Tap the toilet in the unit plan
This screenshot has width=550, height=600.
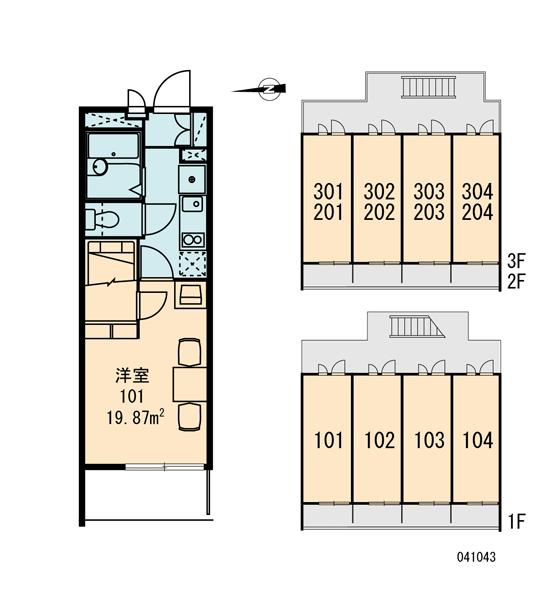(x=102, y=219)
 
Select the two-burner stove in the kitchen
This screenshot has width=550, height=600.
(x=193, y=240)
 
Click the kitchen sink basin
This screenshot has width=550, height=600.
(x=192, y=204)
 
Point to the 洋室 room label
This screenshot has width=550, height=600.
(x=132, y=375)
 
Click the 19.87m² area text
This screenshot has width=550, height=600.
(x=135, y=417)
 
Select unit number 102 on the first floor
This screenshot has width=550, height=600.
(x=379, y=440)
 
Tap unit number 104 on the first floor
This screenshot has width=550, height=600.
(x=478, y=440)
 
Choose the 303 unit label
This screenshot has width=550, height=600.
(x=429, y=191)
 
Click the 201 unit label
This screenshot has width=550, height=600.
(x=328, y=212)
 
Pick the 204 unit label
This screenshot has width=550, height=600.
(x=477, y=212)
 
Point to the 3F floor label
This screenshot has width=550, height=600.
(x=516, y=261)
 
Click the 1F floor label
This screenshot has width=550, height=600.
(x=517, y=521)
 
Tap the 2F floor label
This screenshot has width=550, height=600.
(x=516, y=281)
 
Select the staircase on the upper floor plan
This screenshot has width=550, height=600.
(x=428, y=87)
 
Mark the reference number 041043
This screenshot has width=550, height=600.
(x=476, y=557)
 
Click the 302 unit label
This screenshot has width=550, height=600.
(x=379, y=191)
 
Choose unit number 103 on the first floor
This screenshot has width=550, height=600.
(x=429, y=440)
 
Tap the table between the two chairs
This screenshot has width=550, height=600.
(x=190, y=384)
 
